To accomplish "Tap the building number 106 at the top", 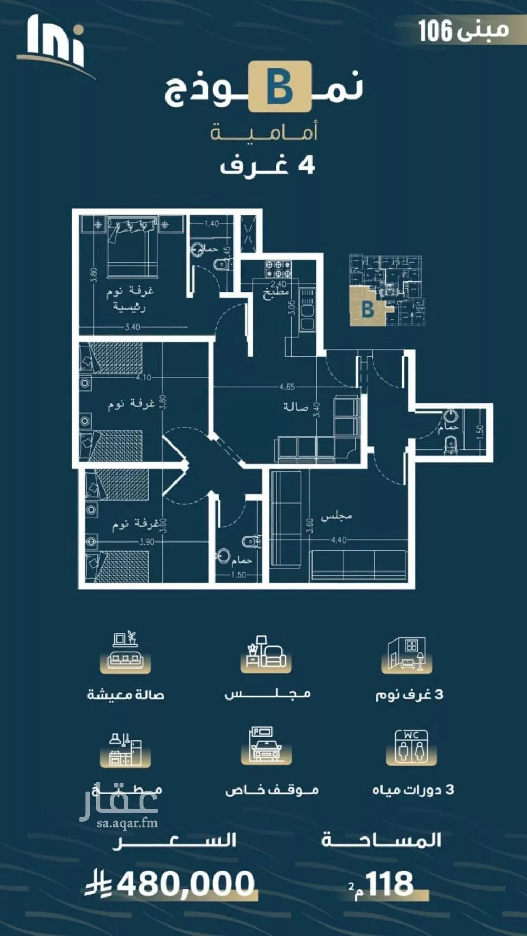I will pos(435,31).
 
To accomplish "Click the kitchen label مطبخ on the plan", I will pos(276,293).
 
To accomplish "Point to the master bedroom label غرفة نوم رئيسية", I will pos(130,299).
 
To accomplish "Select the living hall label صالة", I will pos(295,407).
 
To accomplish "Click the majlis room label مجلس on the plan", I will pos(336,516).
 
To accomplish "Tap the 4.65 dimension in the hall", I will pos(287,387).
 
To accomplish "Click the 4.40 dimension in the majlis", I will pos(338,540).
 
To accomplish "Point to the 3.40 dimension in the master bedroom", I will pos(132,327).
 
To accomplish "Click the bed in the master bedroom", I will pos(132,248).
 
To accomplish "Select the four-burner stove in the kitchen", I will pos(278,270).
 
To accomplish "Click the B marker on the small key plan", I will pos(367,309).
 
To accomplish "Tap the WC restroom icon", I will pos(412,747).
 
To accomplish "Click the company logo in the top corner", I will pos(55,45).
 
